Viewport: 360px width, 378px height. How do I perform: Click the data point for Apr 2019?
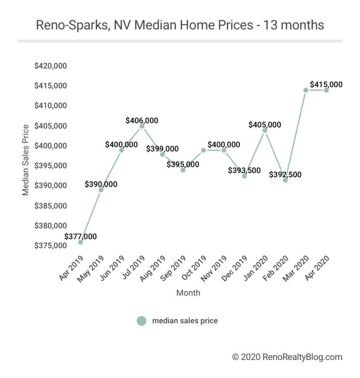tap(80, 242)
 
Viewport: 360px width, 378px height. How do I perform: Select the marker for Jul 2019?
tap(142, 126)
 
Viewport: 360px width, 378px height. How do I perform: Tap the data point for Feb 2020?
tap(285, 180)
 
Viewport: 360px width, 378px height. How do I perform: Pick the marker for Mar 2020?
tap(306, 90)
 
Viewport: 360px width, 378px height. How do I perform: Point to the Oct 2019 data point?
tap(203, 150)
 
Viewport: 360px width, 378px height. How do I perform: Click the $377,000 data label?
tap(80, 236)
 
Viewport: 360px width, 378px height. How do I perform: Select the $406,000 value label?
tap(142, 120)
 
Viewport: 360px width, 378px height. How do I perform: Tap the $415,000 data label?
tap(326, 84)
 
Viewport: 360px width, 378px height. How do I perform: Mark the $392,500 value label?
tap(285, 174)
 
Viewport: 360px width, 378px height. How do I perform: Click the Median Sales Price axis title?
tap(25, 160)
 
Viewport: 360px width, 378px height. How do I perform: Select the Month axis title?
tap(188, 293)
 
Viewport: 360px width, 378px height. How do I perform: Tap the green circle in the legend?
tap(141, 321)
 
